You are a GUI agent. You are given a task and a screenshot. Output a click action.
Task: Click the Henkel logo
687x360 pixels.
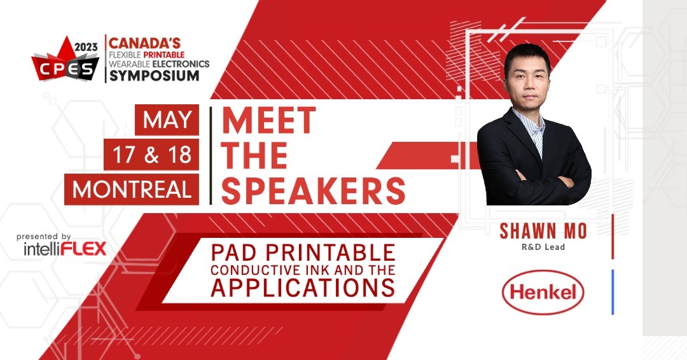point(543,293)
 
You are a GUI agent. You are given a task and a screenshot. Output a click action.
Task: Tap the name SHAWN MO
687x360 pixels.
point(543,231)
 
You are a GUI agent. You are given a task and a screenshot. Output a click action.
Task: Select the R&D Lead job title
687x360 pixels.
point(543,247)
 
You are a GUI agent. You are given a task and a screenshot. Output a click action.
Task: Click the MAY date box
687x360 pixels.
point(167,121)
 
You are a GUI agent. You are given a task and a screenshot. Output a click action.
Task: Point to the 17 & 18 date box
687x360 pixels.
point(151,155)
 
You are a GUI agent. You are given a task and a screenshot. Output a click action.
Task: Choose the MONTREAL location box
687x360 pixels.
point(132,189)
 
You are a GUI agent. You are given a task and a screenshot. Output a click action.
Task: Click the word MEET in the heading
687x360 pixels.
point(268,121)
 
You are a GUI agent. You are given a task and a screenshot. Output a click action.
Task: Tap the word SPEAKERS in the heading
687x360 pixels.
point(313,189)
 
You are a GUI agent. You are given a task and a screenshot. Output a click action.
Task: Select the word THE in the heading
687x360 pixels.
point(254,155)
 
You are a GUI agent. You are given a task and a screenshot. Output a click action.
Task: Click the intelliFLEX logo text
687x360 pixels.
point(64,248)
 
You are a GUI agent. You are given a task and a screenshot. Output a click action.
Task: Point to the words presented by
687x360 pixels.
point(44,236)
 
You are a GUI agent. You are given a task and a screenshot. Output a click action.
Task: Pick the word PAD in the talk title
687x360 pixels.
point(237,252)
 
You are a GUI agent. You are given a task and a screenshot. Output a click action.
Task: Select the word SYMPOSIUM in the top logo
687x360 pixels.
point(153,76)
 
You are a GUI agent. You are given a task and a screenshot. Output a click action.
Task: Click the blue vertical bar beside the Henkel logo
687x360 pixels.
point(613,292)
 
